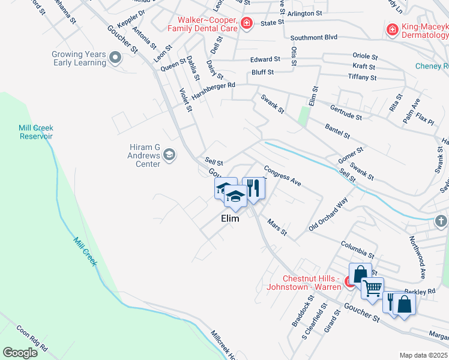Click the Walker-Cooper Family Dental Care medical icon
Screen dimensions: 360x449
coord(246,23)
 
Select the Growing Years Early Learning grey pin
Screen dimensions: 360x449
coord(116,58)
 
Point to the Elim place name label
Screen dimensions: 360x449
coord(230,219)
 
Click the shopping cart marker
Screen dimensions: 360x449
coord(372,289)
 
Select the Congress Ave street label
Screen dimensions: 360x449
coord(282,174)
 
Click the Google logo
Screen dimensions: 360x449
coord(20,353)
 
